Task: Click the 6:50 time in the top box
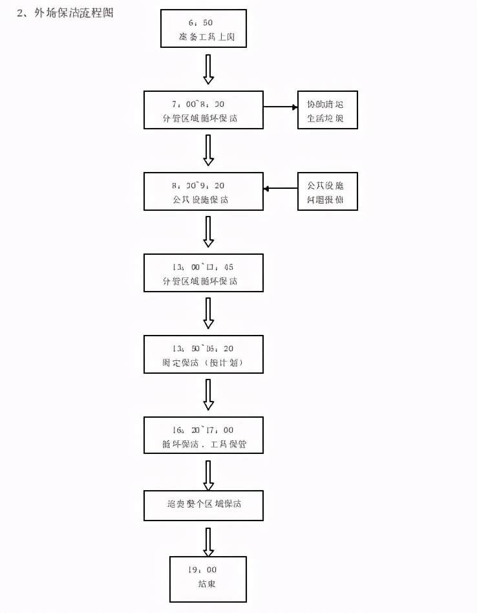pyautogui.click(x=204, y=23)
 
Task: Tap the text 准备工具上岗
pyautogui.click(x=204, y=38)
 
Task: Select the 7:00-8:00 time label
pyautogui.click(x=204, y=103)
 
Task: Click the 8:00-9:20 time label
pyautogui.click(x=204, y=185)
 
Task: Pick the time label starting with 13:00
pyautogui.click(x=204, y=266)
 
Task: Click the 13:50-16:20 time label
pyautogui.click(x=204, y=348)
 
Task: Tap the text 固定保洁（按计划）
pyautogui.click(x=204, y=363)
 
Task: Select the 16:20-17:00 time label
pyautogui.click(x=204, y=429)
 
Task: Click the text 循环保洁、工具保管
pyautogui.click(x=204, y=446)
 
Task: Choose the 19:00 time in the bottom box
pyautogui.click(x=203, y=570)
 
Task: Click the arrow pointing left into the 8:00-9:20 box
pyautogui.click(x=280, y=188)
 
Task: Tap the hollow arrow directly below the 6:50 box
pyautogui.click(x=208, y=69)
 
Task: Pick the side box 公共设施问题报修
pyautogui.click(x=328, y=192)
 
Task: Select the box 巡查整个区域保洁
pyautogui.click(x=204, y=505)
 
